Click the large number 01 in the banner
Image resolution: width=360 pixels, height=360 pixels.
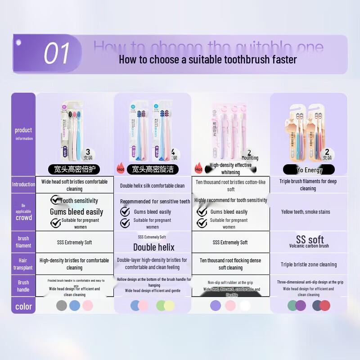(57, 54)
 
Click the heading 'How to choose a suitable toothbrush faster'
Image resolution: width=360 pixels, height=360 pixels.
(207, 59)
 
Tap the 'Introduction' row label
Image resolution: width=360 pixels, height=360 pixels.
(23, 184)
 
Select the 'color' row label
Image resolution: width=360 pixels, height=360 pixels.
(23, 306)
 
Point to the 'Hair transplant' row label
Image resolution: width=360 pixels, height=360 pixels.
(23, 264)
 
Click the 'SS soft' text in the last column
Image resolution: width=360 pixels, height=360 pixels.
(310, 239)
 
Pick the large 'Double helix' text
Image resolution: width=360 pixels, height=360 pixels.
(153, 247)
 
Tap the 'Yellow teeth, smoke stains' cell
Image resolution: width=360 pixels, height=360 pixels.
(306, 212)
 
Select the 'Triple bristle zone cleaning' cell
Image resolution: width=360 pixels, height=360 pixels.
(309, 265)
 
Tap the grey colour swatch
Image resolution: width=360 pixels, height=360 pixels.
(62, 306)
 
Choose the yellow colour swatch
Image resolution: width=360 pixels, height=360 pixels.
(169, 306)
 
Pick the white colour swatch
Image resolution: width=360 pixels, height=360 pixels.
(245, 306)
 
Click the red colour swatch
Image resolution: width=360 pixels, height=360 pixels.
(325, 306)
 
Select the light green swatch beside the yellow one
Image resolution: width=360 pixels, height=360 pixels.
(161, 306)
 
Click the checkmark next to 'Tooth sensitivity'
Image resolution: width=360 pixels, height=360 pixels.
(55, 200)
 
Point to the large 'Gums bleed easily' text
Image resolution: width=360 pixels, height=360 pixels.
(76, 212)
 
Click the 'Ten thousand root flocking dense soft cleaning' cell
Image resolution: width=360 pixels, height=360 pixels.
(230, 264)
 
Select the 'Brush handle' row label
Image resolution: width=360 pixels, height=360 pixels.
(23, 286)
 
